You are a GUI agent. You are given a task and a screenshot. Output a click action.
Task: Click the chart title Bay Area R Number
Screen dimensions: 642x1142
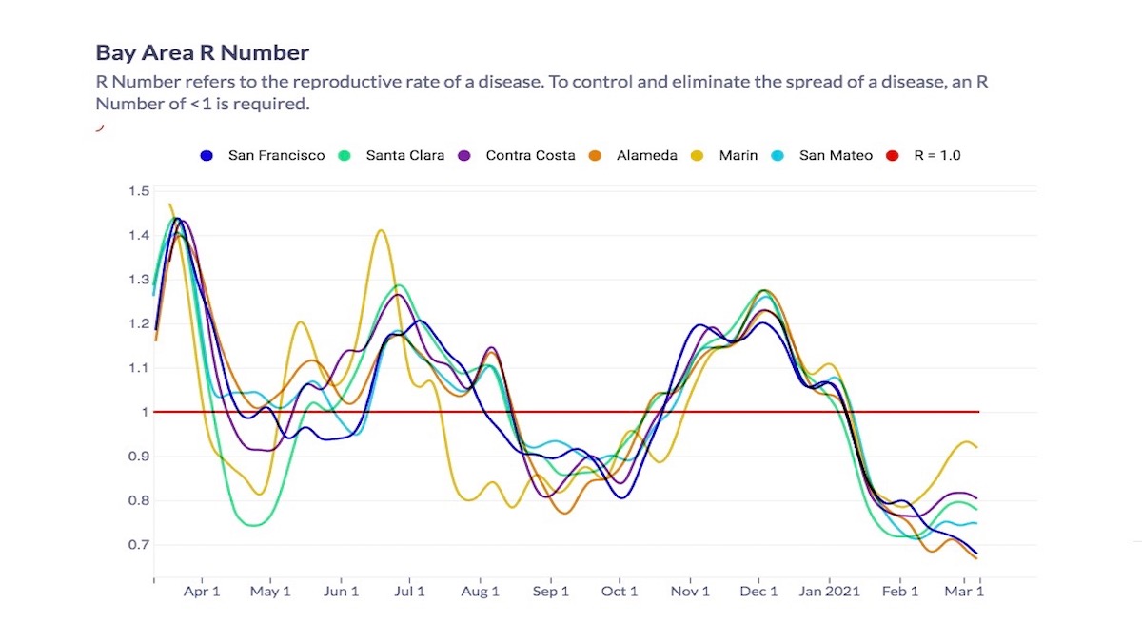[202, 52]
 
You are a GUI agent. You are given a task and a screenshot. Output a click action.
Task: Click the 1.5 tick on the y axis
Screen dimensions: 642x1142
[139, 191]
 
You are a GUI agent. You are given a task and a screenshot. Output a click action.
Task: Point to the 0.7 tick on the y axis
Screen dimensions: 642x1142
[139, 545]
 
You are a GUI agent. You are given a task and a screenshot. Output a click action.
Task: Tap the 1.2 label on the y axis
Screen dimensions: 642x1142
[139, 324]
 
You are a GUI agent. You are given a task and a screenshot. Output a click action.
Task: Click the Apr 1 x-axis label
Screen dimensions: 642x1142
[202, 592]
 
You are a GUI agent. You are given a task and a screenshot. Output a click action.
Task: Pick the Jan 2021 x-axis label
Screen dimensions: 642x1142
[829, 592]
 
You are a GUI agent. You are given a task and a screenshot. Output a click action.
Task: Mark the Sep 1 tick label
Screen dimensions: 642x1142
[550, 592]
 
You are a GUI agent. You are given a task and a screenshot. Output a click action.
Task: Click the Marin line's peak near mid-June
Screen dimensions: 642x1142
[381, 230]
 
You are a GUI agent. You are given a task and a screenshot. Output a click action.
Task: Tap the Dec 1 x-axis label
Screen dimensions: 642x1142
[759, 592]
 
